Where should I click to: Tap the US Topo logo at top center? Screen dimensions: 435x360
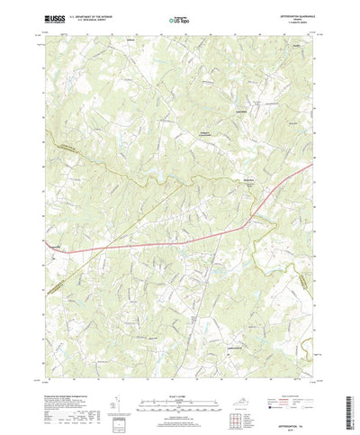(179, 17)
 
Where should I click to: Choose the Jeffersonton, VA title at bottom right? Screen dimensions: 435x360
(292, 426)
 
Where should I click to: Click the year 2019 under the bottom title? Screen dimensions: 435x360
(292, 430)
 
